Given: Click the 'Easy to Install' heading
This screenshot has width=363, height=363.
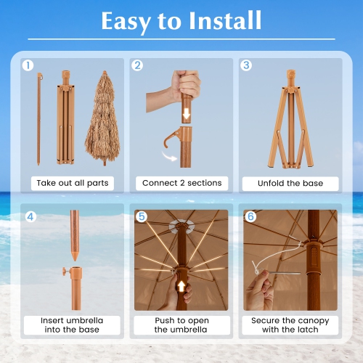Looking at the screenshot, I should pyautogui.click(x=181, y=21).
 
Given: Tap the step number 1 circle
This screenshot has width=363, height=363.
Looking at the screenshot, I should pyautogui.click(x=28, y=65).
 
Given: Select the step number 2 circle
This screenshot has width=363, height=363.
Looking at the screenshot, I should pyautogui.click(x=137, y=65).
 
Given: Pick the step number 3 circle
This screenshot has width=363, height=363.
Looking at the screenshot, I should pyautogui.click(x=246, y=65).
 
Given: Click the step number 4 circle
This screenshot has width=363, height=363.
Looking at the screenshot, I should pyautogui.click(x=30, y=216).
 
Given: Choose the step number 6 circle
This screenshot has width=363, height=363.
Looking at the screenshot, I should pyautogui.click(x=250, y=216).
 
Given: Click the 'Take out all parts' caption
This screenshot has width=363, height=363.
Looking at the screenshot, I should pyautogui.click(x=73, y=183).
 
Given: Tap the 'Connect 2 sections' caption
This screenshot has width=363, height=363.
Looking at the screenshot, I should pyautogui.click(x=181, y=183).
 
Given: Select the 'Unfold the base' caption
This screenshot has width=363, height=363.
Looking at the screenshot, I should pyautogui.click(x=290, y=183).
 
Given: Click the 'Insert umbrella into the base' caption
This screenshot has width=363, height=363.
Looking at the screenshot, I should pyautogui.click(x=73, y=325).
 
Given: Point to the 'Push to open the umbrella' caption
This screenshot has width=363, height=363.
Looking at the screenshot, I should pyautogui.click(x=181, y=325).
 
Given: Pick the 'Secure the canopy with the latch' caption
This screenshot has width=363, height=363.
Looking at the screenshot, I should pyautogui.click(x=290, y=325).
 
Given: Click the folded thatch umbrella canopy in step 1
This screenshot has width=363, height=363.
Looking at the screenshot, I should pyautogui.click(x=102, y=120).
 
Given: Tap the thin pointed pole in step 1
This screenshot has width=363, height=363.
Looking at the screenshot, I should pyautogui.click(x=39, y=116).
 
